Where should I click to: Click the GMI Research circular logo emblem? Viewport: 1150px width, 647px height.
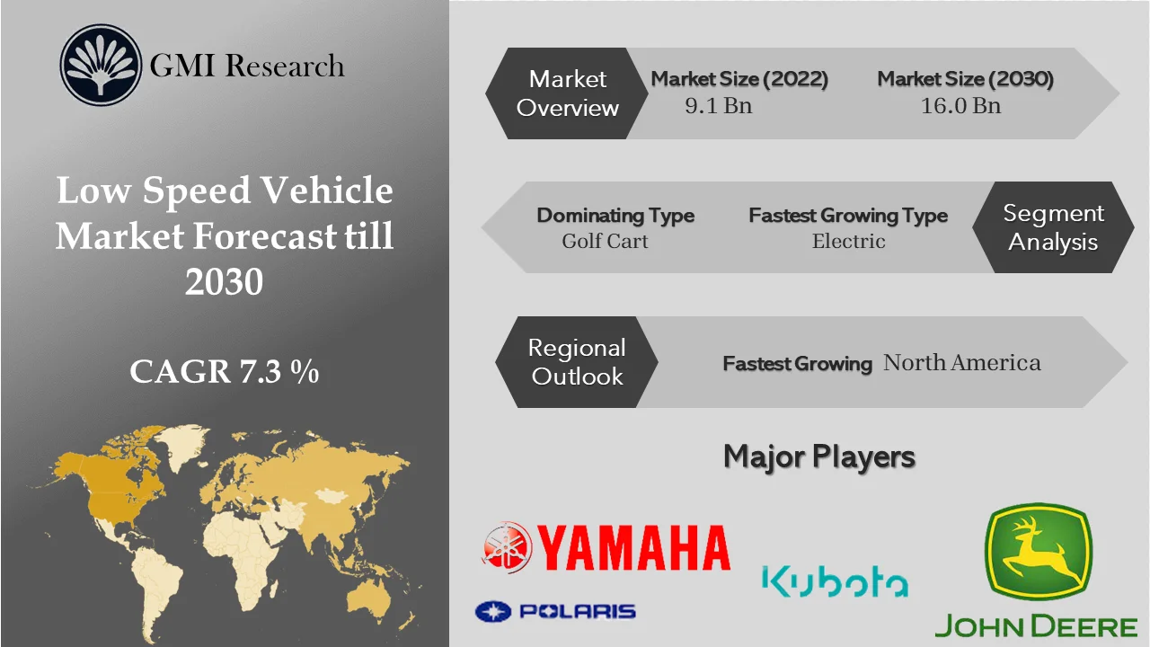[x=101, y=65]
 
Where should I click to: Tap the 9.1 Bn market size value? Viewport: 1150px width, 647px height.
[x=718, y=106]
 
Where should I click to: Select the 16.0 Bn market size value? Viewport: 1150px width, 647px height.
[x=960, y=106]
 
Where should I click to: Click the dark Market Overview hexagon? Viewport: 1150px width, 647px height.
[x=568, y=93]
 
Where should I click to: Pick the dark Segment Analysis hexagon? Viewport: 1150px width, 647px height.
[x=1053, y=227]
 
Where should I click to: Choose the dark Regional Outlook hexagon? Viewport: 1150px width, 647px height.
[x=576, y=362]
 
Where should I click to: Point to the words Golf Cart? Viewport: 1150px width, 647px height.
[x=605, y=241]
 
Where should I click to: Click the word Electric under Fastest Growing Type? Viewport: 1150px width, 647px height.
[x=848, y=241]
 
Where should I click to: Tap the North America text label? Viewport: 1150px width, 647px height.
[x=962, y=363]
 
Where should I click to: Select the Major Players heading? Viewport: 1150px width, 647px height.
[x=819, y=456]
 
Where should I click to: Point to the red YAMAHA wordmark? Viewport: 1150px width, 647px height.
[x=633, y=547]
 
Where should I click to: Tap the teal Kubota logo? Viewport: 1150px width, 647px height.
[x=835, y=581]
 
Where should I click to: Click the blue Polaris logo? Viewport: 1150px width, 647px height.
[x=555, y=612]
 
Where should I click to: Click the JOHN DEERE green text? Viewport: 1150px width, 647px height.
[x=1036, y=626]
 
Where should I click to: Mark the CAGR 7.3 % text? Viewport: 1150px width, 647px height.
[x=225, y=371]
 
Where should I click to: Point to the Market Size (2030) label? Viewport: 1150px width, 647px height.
[x=965, y=79]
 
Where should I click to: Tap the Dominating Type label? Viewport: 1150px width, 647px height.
[x=615, y=216]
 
